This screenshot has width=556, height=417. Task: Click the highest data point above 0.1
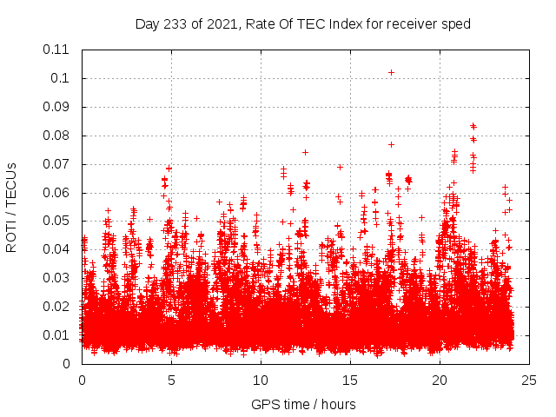[x=392, y=72]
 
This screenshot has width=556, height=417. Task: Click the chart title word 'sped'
[x=456, y=24]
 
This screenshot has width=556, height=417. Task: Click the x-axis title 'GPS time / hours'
[x=303, y=404]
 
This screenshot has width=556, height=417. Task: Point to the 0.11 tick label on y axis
[x=57, y=50]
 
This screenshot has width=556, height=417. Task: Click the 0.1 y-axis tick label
[x=61, y=78]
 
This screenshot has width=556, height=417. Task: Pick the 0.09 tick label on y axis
[x=57, y=107]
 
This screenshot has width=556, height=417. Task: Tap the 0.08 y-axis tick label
[x=57, y=136]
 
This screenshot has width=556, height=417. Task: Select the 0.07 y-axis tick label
[x=57, y=164]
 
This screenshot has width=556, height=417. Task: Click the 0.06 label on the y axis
[x=57, y=192]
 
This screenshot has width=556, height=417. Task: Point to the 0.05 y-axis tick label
[x=57, y=221]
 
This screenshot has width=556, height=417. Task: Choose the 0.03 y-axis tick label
[x=57, y=278]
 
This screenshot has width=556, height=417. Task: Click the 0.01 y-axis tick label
[x=57, y=335]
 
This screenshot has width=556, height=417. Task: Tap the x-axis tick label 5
[x=171, y=380]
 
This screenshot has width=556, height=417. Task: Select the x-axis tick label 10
[x=261, y=380]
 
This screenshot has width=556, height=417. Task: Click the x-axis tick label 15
[x=350, y=380]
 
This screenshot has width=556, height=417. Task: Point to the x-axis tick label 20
[x=440, y=380]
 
